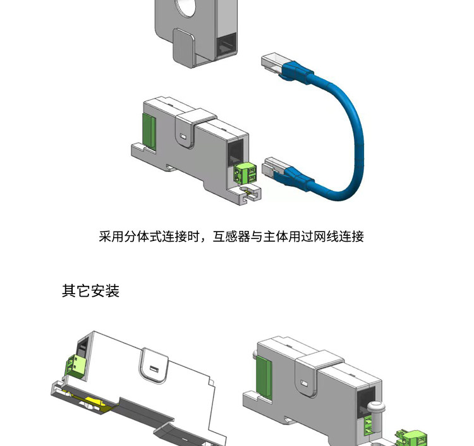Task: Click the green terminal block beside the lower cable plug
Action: click(245, 173)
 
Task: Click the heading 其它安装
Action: click(90, 291)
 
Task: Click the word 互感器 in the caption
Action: click(233, 237)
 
